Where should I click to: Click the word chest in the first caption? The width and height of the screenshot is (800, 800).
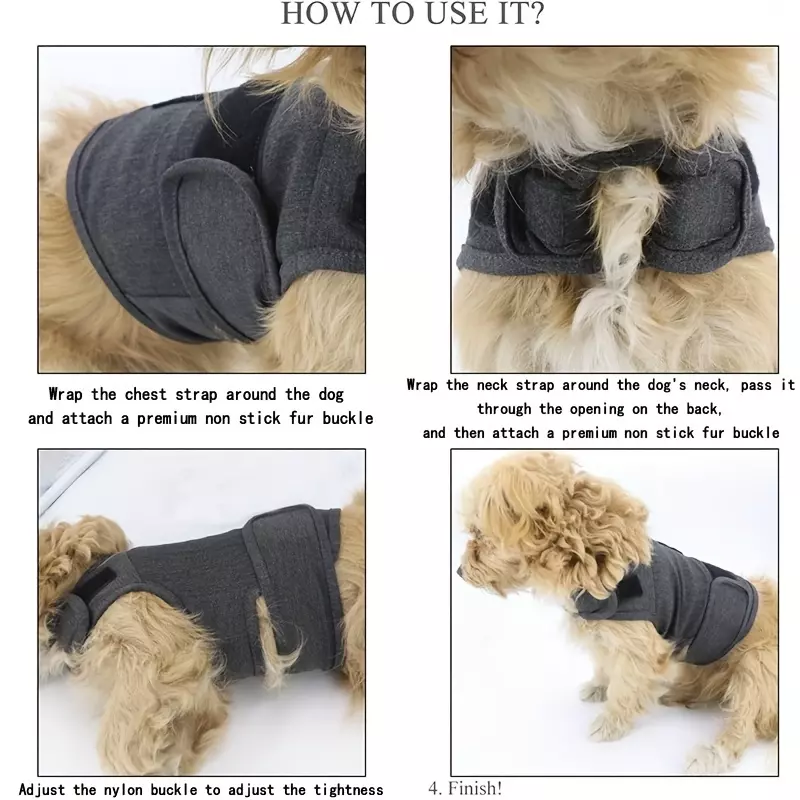pyautogui.click(x=145, y=394)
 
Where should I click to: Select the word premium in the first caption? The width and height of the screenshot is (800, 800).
pyautogui.click(x=166, y=419)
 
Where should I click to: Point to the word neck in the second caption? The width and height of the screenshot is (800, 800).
pyautogui.click(x=492, y=385)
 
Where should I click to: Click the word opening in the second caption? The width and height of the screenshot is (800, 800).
pyautogui.click(x=596, y=410)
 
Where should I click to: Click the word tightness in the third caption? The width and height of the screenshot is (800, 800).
pyautogui.click(x=348, y=790)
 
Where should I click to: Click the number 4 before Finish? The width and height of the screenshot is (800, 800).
pyautogui.click(x=434, y=788)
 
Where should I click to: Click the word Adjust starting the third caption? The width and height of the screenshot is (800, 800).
pyautogui.click(x=42, y=790)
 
